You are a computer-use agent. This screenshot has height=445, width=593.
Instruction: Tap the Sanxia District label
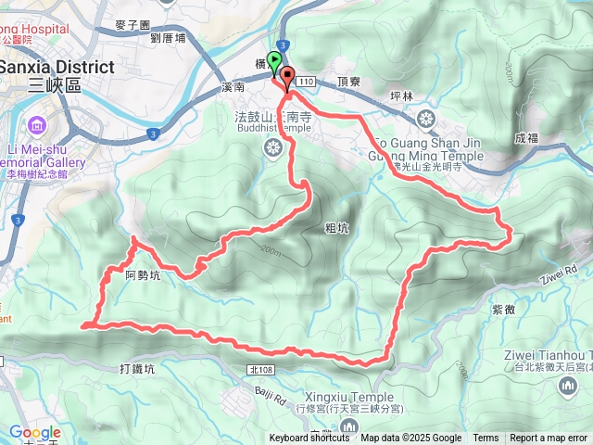tap(57, 68)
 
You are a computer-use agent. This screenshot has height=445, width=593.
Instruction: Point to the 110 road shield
tap(307, 83)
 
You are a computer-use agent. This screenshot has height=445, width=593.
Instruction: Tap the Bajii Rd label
tap(269, 397)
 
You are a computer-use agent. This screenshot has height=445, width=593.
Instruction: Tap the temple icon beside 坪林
tap(425, 118)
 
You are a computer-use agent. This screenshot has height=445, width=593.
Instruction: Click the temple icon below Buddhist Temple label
tap(274, 148)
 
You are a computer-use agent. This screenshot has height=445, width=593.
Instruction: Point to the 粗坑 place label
tap(337, 226)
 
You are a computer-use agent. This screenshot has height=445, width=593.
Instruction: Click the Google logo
tap(35, 432)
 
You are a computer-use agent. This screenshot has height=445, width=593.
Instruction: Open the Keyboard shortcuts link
tap(310, 439)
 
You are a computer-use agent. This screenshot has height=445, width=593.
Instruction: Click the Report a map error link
tap(549, 439)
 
